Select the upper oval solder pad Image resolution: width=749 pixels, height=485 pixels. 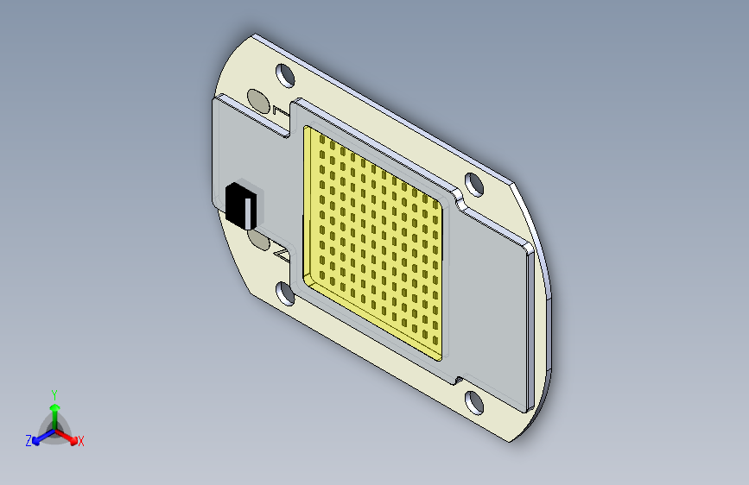click(257, 100)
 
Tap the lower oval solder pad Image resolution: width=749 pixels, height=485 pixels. click(258, 238)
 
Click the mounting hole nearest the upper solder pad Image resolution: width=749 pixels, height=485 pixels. click(284, 74)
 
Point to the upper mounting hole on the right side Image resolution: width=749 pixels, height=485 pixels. click(473, 184)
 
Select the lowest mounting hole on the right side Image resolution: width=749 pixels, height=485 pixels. click(474, 401)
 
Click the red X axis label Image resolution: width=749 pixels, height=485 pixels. click(81, 442)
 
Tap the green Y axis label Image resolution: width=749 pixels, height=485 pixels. click(54, 393)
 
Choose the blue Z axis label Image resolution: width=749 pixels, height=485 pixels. click(29, 441)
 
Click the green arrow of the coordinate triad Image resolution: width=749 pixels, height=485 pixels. click(54, 408)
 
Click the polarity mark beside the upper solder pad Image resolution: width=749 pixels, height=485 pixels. click(278, 111)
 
